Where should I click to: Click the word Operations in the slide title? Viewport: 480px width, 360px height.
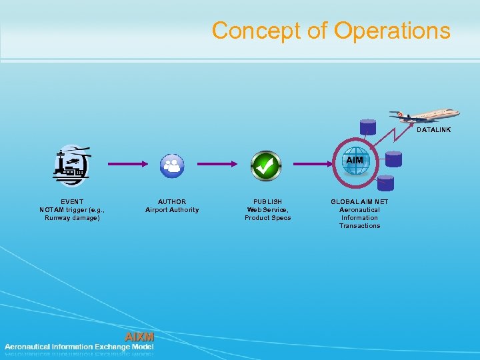[392, 31]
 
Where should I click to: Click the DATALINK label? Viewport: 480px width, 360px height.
[433, 130]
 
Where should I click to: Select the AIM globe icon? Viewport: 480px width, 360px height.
[355, 162]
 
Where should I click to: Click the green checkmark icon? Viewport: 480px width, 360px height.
[265, 165]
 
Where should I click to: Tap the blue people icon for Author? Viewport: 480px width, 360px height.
[172, 165]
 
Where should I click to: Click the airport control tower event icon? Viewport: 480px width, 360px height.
[71, 164]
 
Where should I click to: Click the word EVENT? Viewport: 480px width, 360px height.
[72, 201]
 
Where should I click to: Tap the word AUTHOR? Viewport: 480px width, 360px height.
[172, 201]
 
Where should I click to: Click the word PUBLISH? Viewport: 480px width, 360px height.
[267, 201]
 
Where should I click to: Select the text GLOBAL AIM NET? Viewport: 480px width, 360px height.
[359, 201]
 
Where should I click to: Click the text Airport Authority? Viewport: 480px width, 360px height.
[172, 210]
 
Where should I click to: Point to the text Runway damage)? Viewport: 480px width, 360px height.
[72, 218]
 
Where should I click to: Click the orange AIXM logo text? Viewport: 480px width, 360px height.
[139, 337]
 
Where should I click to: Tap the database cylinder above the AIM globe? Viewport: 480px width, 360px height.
[367, 127]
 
